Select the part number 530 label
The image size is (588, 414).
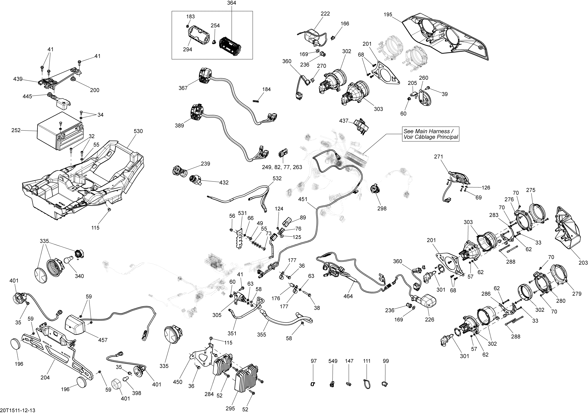[138, 131]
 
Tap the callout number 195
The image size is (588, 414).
[388, 15]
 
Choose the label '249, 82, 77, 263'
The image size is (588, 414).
[282, 167]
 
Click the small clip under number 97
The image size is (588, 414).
[313, 384]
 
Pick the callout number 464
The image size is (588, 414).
[348, 296]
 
